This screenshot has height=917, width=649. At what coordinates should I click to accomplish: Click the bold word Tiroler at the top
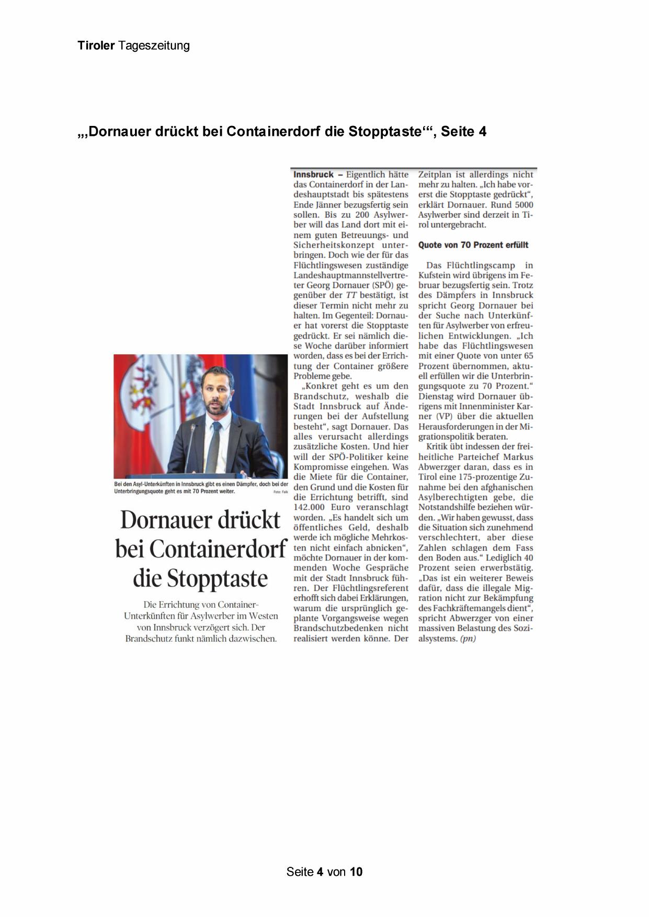point(96,45)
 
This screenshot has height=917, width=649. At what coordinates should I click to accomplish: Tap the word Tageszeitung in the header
point(154,46)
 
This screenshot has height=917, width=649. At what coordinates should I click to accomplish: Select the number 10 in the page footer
point(356,872)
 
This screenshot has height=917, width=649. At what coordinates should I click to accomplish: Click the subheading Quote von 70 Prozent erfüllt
point(473,245)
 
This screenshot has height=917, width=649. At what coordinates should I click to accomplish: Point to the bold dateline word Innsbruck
point(313,175)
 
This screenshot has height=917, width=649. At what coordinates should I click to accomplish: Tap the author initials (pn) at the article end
point(468,639)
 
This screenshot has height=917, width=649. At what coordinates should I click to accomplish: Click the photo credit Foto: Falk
point(280,492)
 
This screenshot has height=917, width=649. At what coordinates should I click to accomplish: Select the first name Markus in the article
point(518,457)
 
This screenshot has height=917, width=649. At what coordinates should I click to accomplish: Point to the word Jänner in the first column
point(332,204)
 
